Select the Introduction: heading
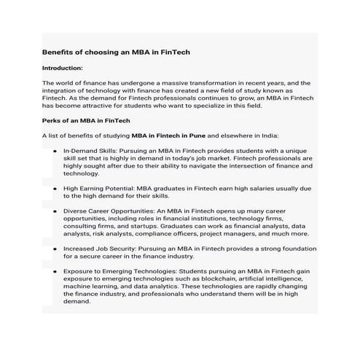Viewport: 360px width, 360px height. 68,68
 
